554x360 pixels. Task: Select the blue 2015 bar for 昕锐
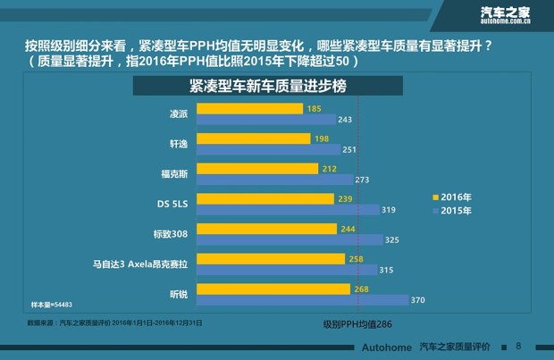tap(302, 299)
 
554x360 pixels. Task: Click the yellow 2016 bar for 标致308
tap(266, 229)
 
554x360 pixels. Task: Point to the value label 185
tap(314, 108)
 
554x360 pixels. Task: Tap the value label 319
tap(389, 210)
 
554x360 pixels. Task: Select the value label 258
tap(357, 258)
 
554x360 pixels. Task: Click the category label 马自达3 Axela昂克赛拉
tap(141, 264)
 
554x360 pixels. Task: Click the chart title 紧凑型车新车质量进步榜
tap(267, 86)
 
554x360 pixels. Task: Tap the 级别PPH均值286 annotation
tap(358, 326)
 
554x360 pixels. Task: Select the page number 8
tap(518, 345)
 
